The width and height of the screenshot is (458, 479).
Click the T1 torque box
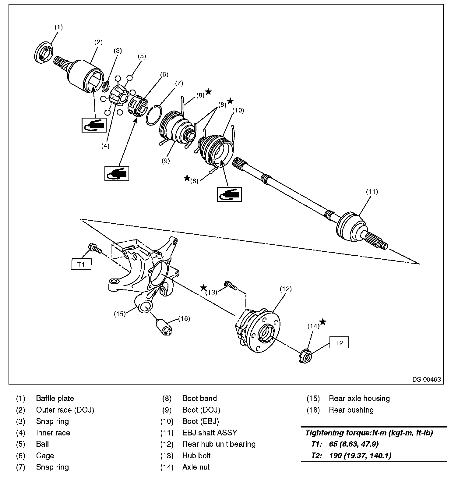81,264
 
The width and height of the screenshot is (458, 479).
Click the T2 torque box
339,343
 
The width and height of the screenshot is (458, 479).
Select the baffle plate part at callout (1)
42,53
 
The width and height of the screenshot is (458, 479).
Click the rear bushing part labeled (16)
164,326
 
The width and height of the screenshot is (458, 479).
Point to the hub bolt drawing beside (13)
230,285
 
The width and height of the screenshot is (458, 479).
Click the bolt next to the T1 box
94,248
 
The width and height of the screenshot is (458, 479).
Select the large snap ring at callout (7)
154,115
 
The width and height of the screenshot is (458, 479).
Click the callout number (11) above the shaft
372,192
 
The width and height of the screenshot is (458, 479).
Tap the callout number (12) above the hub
286,289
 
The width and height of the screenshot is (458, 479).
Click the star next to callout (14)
323,322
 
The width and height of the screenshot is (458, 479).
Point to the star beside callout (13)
204,288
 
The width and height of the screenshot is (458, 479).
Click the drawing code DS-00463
426,380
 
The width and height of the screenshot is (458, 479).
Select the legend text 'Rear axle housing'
359,399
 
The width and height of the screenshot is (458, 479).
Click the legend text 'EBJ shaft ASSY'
210,433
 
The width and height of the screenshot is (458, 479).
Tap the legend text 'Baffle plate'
55,399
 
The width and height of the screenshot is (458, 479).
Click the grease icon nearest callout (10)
229,194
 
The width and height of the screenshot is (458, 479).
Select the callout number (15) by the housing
120,314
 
